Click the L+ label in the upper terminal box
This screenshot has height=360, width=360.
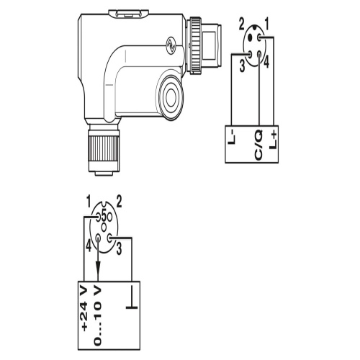[273, 140]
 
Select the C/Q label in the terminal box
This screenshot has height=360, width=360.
[258, 145]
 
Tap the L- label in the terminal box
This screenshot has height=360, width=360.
[233, 138]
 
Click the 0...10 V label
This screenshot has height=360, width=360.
[97, 315]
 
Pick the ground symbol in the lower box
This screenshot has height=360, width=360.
[132, 297]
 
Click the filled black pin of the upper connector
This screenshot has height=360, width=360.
[251, 37]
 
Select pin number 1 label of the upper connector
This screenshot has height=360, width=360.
[267, 24]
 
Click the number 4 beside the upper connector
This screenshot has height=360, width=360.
[266, 61]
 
